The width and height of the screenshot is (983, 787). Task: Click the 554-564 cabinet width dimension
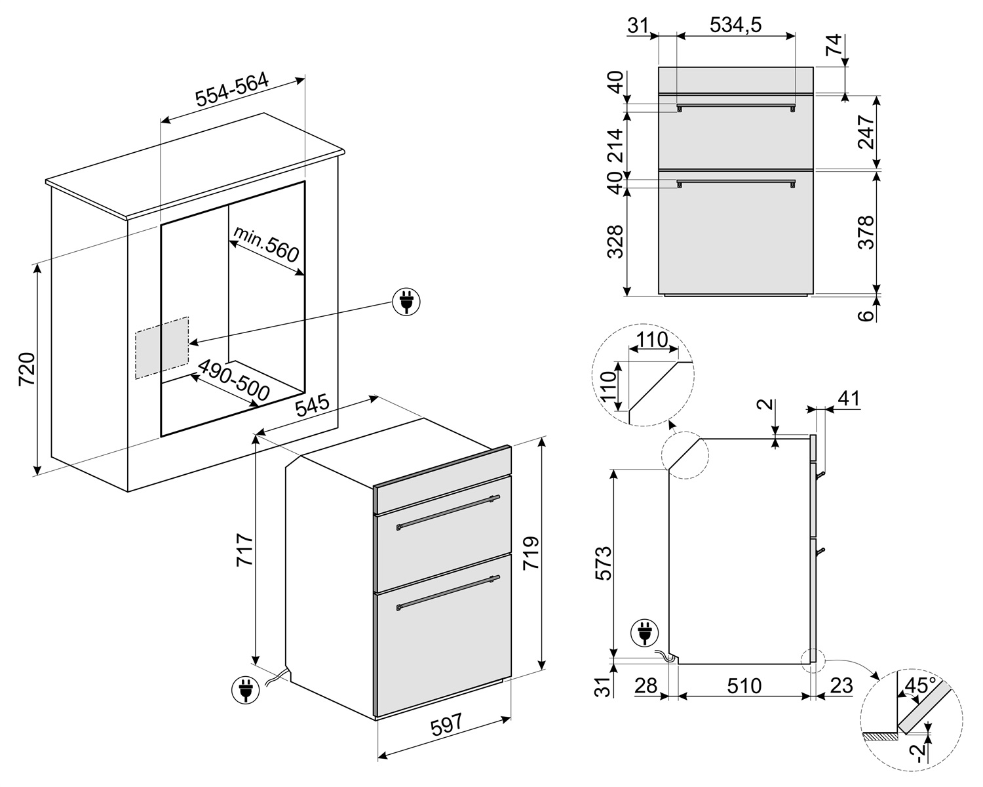pos(232,90)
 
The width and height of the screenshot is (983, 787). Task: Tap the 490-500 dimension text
pos(234,380)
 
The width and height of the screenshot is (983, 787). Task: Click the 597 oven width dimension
pos(446,726)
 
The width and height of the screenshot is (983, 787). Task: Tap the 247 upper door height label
pos(866,132)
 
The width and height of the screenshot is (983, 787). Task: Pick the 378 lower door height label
pos(866,232)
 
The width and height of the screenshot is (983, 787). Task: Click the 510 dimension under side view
pos(744,686)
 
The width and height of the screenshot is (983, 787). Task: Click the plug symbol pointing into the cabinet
pos(406,302)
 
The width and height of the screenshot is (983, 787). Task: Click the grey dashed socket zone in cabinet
pos(162,348)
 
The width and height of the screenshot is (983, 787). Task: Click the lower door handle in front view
pos(736,182)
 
